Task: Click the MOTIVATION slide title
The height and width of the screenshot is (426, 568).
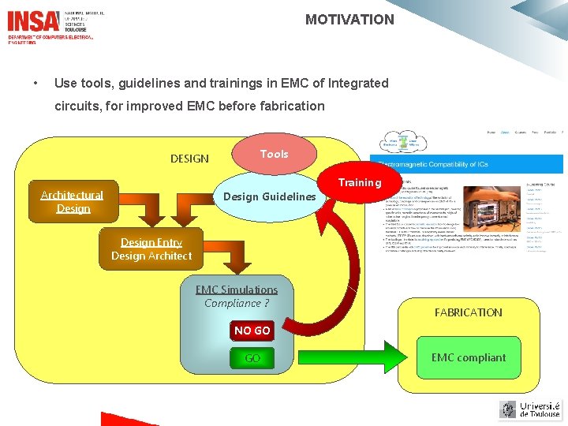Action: (349, 20)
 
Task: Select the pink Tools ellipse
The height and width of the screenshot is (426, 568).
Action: (275, 155)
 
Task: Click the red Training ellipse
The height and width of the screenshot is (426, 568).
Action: (359, 183)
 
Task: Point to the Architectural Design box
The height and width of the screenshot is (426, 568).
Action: (73, 202)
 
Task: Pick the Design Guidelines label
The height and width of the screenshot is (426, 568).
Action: (270, 196)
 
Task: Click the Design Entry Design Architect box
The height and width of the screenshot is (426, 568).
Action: (151, 249)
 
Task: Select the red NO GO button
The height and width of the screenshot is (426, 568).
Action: (252, 331)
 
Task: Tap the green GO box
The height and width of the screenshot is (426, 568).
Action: (252, 358)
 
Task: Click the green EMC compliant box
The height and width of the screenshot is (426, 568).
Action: (468, 357)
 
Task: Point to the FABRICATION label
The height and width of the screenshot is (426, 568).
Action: (468, 312)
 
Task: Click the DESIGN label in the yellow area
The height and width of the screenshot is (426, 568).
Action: (189, 159)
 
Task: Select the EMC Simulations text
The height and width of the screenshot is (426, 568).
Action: (237, 290)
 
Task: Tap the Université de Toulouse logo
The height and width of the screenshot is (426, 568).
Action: (530, 409)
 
